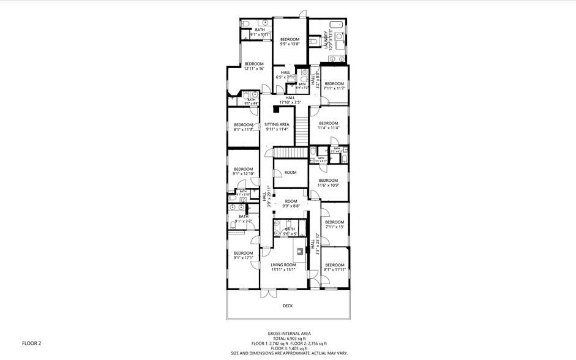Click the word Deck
pyautogui.click(x=288, y=306)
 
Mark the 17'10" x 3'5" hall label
pyautogui.click(x=290, y=100)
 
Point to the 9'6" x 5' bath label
pyautogui.click(x=290, y=231)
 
